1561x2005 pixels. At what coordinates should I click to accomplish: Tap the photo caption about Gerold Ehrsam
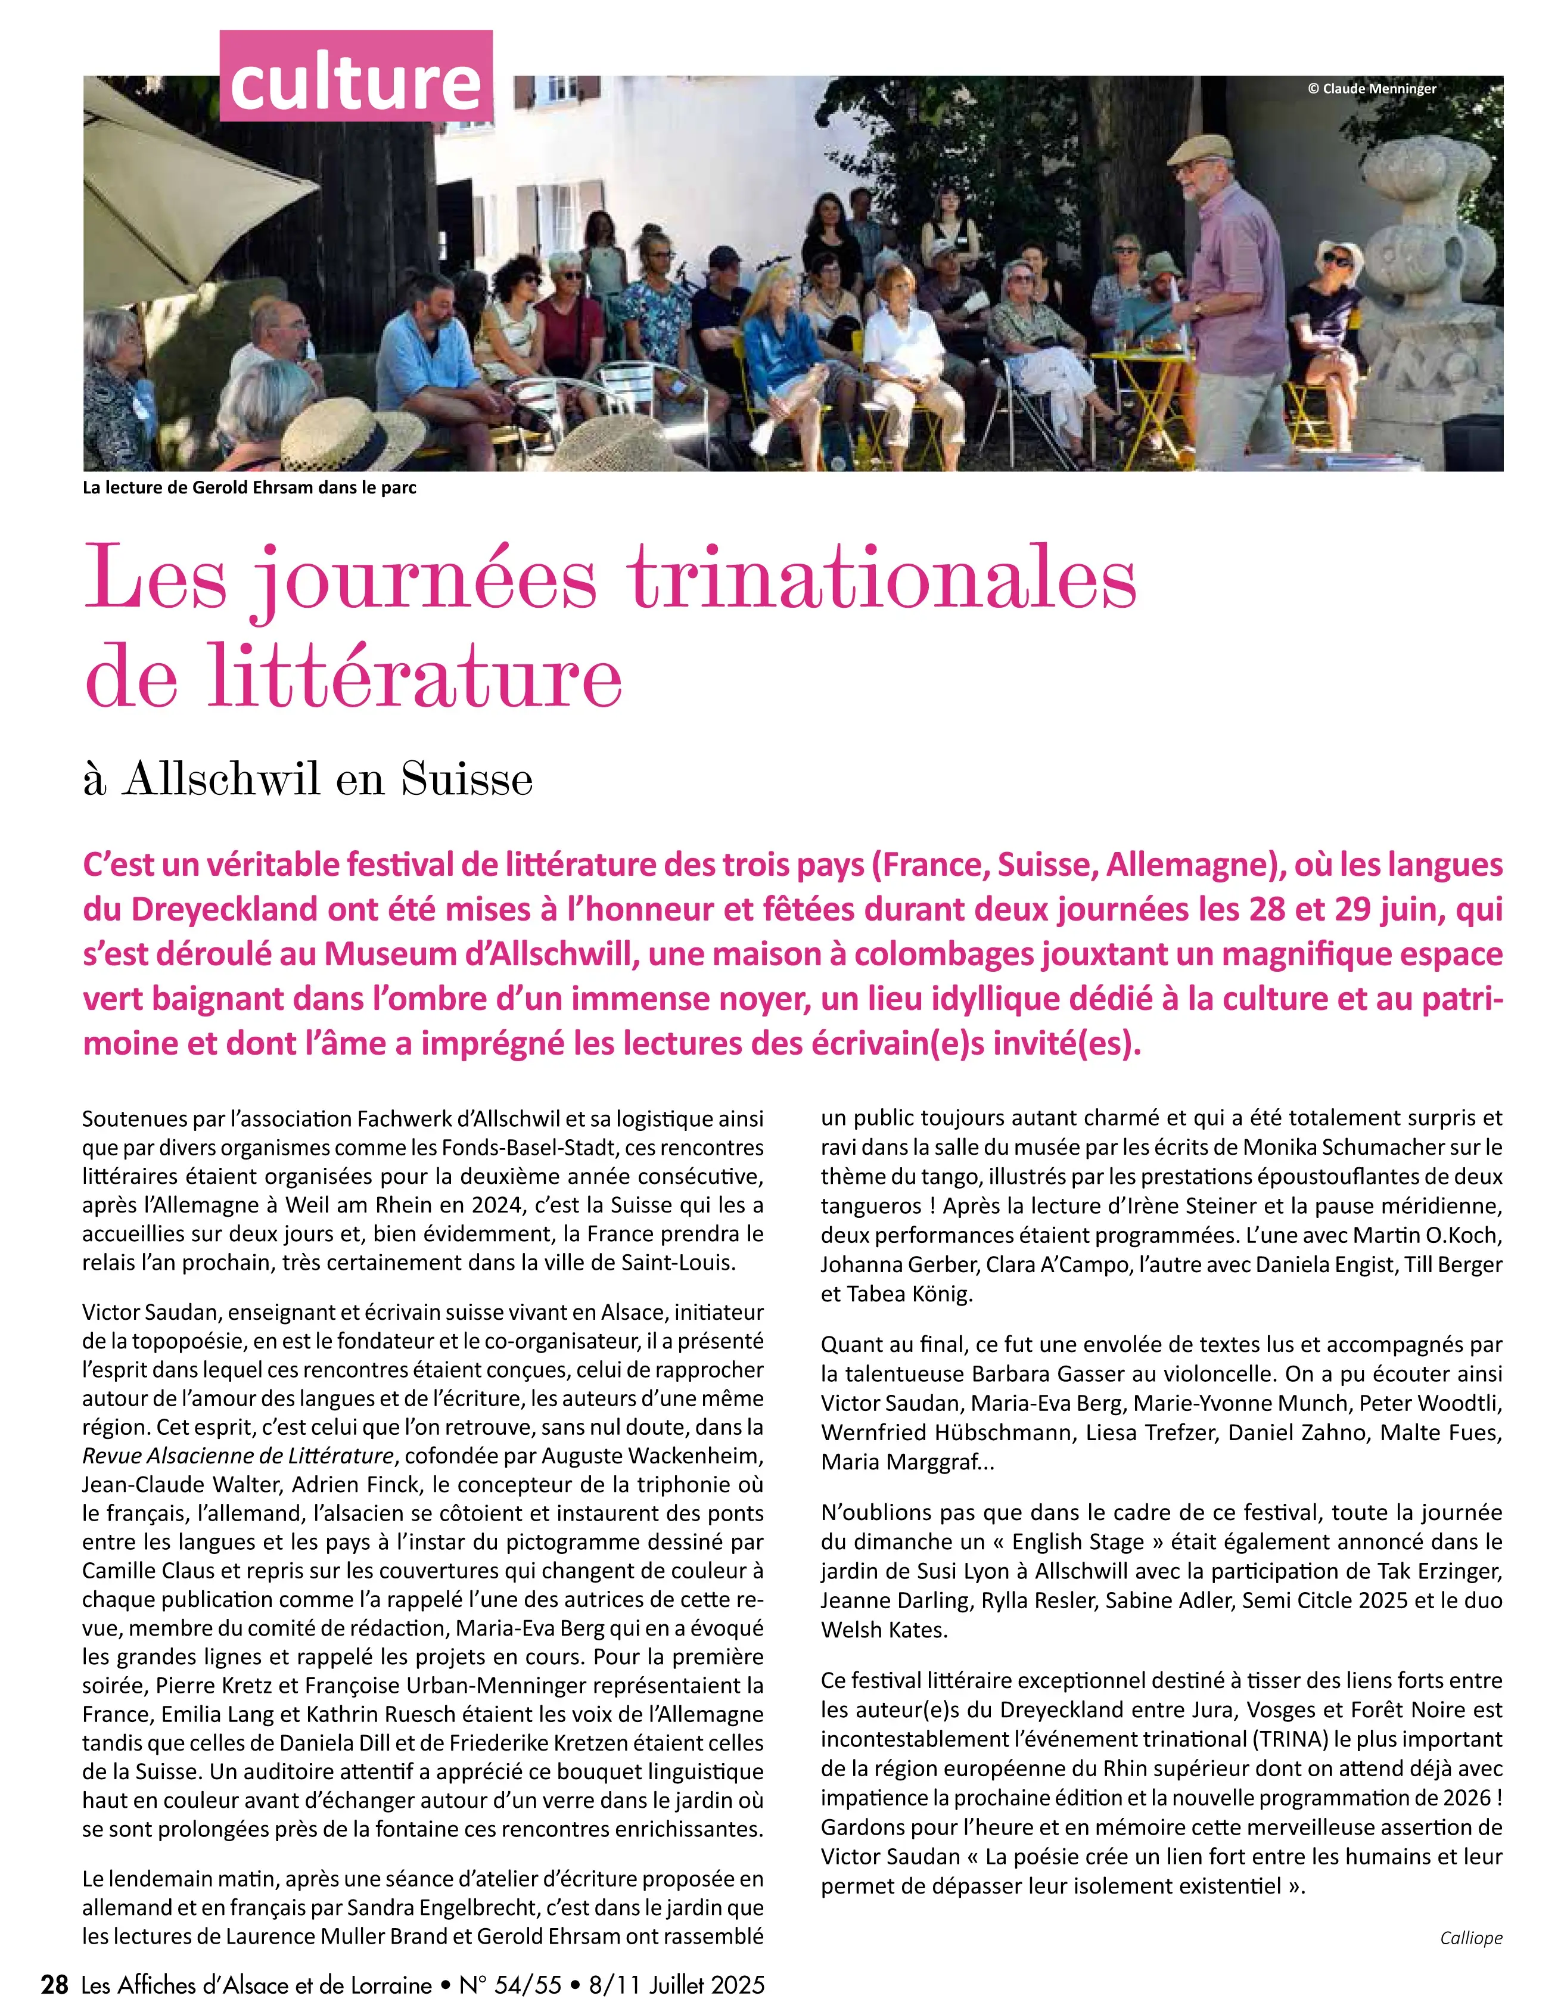250,487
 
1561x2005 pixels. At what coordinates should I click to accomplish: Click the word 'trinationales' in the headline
882,579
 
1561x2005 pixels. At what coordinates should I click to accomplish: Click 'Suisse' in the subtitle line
467,779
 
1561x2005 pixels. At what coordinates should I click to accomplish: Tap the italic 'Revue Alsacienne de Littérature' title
238,1456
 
